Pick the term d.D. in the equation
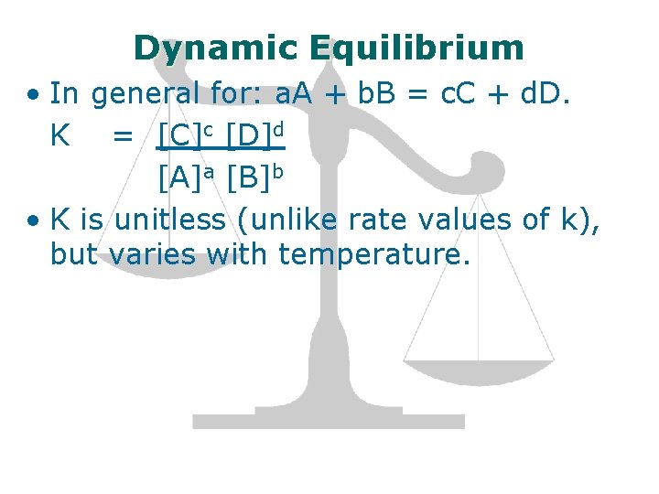546,93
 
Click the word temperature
373,254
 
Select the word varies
151,254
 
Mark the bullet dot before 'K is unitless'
33,220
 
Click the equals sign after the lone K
122,137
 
